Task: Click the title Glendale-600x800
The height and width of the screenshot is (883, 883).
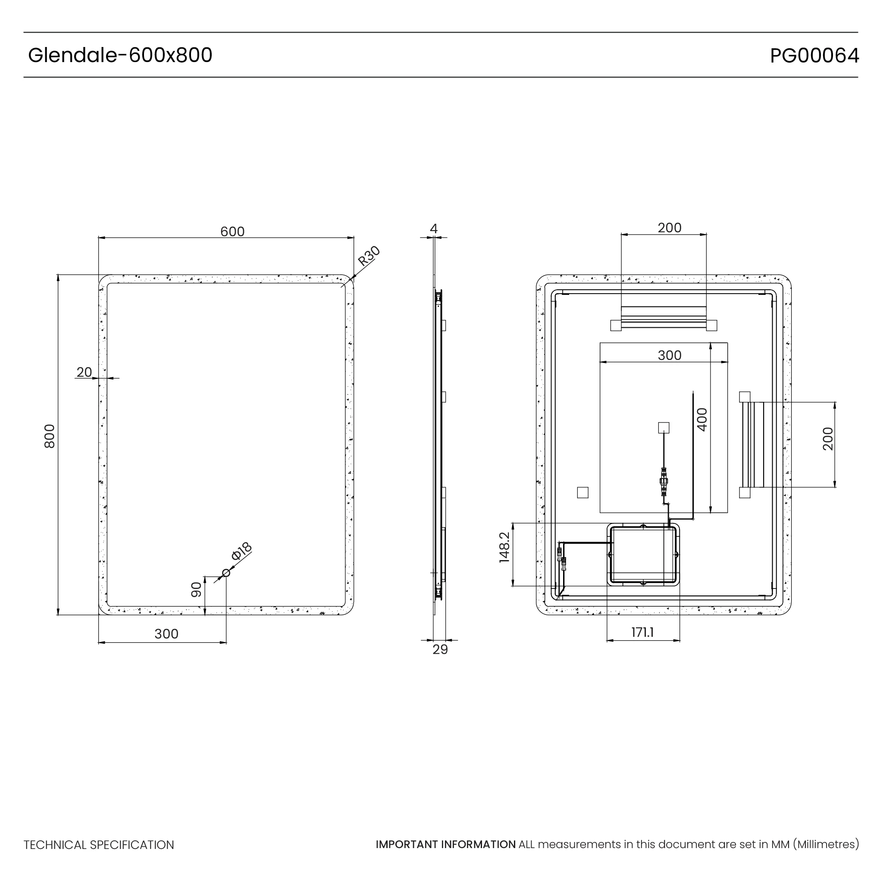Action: [x=120, y=55]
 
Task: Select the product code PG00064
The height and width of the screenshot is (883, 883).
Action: [x=814, y=56]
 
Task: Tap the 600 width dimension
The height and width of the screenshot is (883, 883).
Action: [x=232, y=232]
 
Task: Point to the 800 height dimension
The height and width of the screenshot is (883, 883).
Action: [x=49, y=436]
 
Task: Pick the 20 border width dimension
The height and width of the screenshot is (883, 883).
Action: [x=84, y=373]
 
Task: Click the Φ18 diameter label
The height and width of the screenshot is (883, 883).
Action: [x=241, y=551]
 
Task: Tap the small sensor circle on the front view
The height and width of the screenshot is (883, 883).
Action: [x=226, y=573]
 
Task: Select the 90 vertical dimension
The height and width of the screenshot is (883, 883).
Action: [x=196, y=589]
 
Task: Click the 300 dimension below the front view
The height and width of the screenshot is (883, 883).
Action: [x=166, y=634]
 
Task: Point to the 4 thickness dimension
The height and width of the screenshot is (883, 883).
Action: [x=434, y=229]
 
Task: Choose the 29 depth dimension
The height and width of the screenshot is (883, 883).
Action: [x=440, y=649]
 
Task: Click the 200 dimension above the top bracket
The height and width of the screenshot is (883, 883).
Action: [x=669, y=228]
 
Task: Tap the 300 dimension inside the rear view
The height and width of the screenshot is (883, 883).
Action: [x=669, y=355]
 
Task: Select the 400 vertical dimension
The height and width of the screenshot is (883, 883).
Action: [x=702, y=420]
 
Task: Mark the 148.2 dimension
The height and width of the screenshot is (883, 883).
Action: [x=504, y=547]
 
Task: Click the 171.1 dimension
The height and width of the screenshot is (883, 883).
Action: [x=642, y=633]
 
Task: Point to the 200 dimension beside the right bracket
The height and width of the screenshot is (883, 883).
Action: [x=828, y=439]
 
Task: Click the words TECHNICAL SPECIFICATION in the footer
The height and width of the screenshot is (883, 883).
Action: [x=99, y=845]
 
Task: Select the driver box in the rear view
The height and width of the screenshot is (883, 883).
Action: [x=643, y=554]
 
